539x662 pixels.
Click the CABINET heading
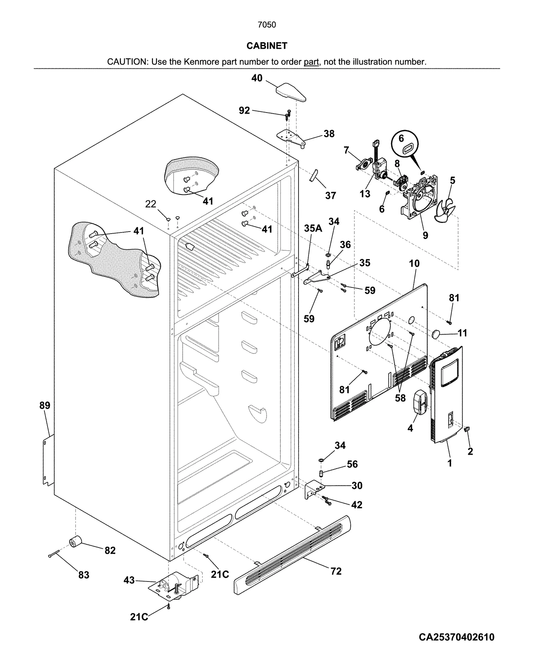point(266,46)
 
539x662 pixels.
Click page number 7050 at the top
point(266,25)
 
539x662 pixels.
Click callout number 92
point(244,111)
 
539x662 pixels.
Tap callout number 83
point(84,574)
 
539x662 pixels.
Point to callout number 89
point(44,405)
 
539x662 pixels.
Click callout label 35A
point(313,229)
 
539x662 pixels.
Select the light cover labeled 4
point(420,401)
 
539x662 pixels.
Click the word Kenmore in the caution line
point(201,62)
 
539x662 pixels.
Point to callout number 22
point(151,204)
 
